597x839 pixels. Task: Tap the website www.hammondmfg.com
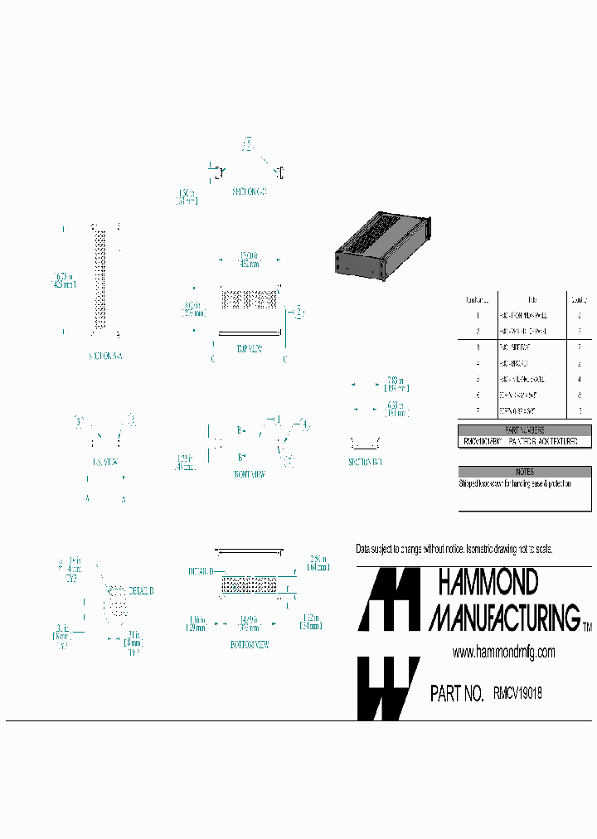coord(503,653)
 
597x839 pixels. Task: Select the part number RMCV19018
coord(517,693)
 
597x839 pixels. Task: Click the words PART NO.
coord(457,694)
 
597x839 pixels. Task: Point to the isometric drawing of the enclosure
coord(382,244)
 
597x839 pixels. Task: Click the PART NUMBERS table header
coord(525,429)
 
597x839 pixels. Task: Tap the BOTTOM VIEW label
coord(249,644)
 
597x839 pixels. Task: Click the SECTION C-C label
coord(249,192)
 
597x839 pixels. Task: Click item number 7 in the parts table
coord(478,411)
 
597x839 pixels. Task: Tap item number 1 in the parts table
coord(478,316)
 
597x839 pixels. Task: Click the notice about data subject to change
coord(454,550)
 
